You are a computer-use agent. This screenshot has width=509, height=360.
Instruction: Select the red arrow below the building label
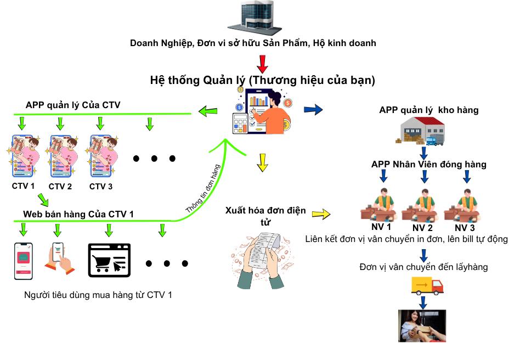point(262,63)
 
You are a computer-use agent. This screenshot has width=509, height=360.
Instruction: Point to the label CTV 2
point(61,186)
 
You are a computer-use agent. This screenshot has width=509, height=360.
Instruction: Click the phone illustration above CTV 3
point(101,156)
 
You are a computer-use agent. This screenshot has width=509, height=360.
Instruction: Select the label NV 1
point(381,227)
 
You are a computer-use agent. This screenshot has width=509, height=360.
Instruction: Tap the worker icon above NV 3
point(466,204)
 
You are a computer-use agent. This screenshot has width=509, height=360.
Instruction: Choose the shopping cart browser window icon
point(110,259)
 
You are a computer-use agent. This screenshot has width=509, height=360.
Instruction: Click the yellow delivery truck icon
point(427,285)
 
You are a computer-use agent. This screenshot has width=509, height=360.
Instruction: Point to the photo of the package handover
point(422,326)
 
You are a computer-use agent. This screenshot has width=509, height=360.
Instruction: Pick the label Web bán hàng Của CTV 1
point(78,213)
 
